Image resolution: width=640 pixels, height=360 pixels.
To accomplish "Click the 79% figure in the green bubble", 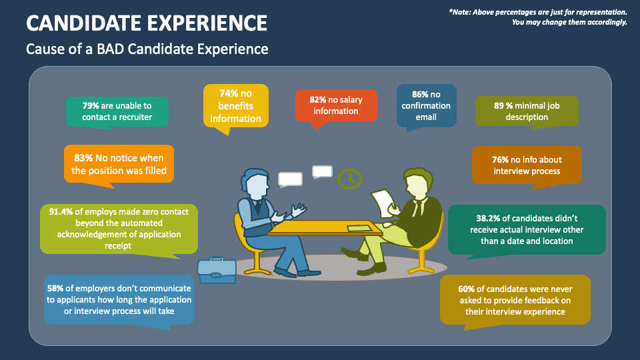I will click(91, 105).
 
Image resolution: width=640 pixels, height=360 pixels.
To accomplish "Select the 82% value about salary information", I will click(319, 100).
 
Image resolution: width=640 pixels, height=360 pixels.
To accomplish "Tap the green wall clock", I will click(350, 179).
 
